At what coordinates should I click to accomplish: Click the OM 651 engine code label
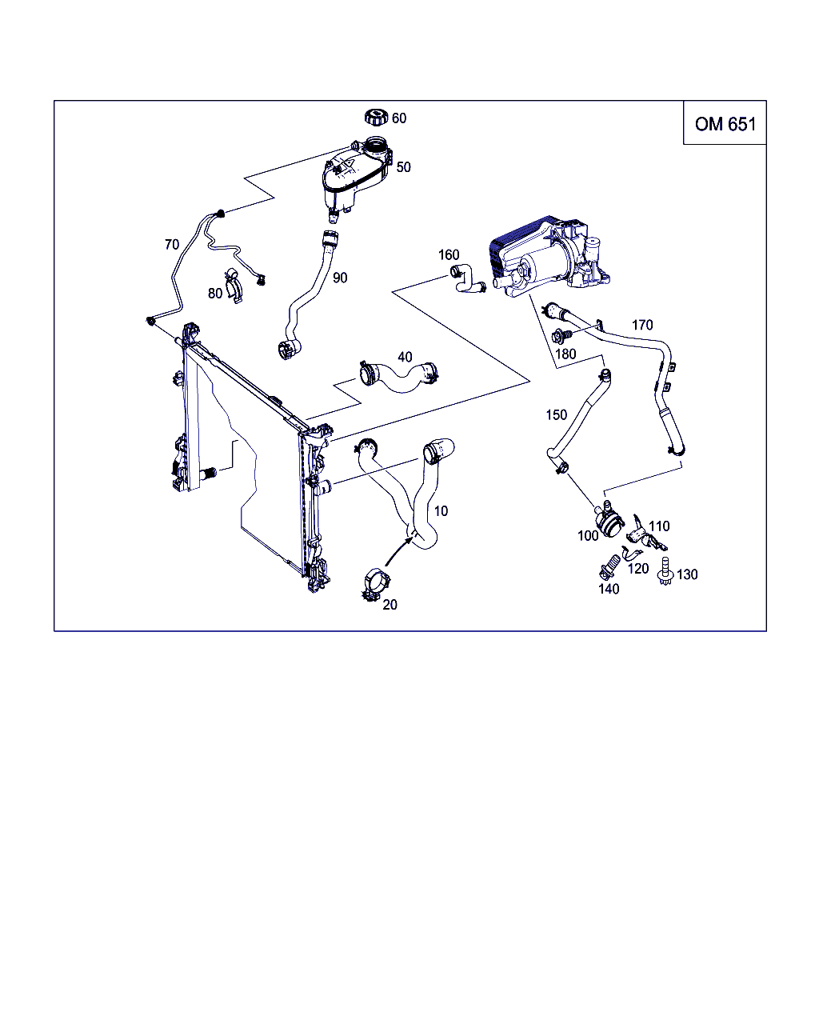725,124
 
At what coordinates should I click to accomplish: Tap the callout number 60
399,118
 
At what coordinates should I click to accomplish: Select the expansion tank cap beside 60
377,118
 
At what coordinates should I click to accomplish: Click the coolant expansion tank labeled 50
357,179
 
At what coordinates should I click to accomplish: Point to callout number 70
172,245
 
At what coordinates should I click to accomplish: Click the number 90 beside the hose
340,278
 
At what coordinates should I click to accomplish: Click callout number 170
642,325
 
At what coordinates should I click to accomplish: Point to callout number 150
557,415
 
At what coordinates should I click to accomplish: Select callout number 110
659,526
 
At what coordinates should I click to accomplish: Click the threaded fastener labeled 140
609,566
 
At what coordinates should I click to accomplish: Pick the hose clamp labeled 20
377,583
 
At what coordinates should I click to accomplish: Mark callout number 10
441,511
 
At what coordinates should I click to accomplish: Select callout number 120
638,569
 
